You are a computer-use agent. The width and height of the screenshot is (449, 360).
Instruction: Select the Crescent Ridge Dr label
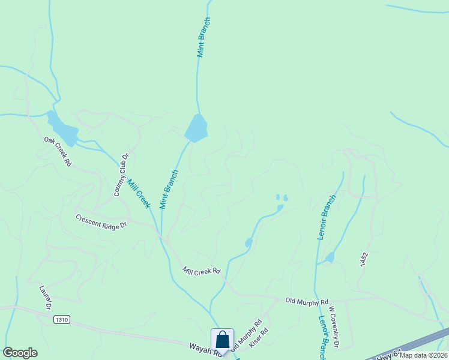pos(102,221)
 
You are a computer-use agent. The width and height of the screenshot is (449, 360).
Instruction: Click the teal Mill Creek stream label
pos(137,191)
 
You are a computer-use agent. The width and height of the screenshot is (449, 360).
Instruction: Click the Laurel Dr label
pos(46,297)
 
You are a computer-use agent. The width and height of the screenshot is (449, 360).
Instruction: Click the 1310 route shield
pos(61,319)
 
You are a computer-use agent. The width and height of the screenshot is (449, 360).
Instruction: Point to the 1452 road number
pos(364,260)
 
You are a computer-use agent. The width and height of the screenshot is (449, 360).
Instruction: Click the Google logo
pos(20,353)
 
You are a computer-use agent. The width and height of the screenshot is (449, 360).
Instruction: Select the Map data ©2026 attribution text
pos(424,355)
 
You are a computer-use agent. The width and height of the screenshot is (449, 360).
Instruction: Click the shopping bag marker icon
pos(222,339)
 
